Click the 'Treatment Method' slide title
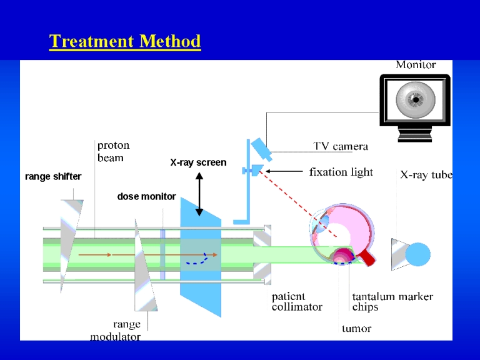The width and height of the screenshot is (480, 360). coord(125,41)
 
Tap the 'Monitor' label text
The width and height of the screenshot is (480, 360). coord(416,64)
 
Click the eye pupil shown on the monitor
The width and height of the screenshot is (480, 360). coord(416,99)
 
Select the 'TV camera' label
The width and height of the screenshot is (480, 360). coord(341,146)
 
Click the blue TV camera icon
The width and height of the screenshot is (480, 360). coord(261,149)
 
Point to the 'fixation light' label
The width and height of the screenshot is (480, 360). coord(341,172)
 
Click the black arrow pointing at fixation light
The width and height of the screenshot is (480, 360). coord(284,171)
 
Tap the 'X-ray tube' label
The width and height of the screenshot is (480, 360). coord(426,175)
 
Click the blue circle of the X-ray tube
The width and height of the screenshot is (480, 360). coord(418,254)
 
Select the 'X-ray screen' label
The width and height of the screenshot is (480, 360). coord(198,162)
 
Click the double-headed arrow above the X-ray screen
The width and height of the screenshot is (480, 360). coord(199,194)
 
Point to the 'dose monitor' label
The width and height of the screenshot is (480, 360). coord(147,196)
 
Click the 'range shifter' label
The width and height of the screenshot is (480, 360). coord(53,176)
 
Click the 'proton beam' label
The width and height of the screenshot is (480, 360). coord(114,151)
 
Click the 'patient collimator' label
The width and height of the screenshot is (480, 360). coord(297,302)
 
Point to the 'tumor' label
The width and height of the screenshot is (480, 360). coord(357,329)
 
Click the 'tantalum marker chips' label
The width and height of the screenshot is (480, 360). coord(392,301)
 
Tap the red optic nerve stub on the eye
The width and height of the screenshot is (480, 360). coord(367,257)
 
